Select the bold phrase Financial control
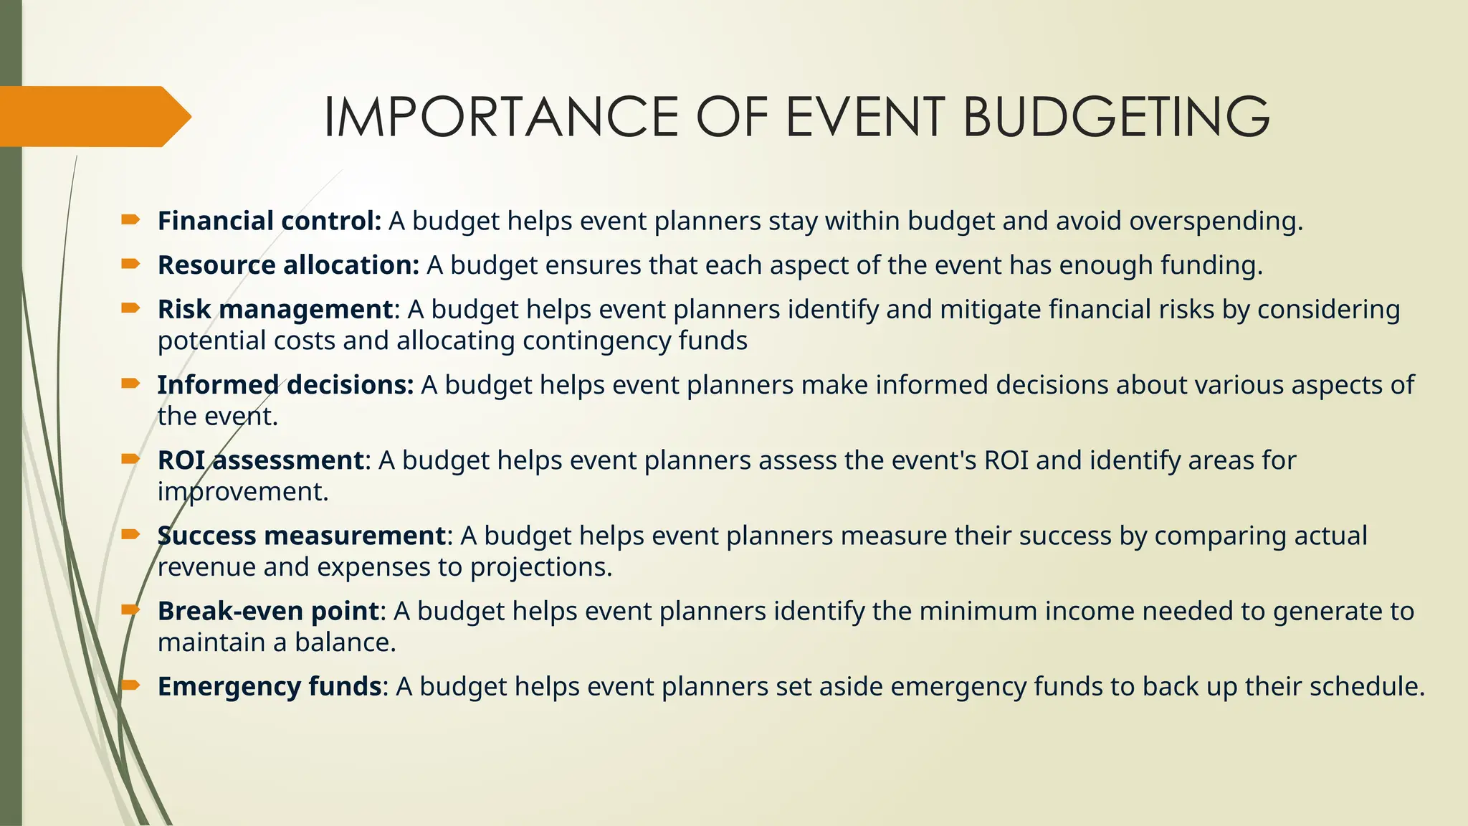click(x=269, y=222)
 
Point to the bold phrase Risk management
click(x=275, y=310)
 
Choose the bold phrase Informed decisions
click(x=285, y=386)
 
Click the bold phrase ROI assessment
click(x=260, y=460)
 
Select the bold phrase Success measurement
click(x=301, y=536)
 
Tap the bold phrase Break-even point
click(x=267, y=612)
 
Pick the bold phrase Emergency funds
click(x=269, y=687)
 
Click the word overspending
click(x=1214, y=222)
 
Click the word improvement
click(x=242, y=492)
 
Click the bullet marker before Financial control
click(x=130, y=220)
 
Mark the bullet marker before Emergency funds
click(x=130, y=685)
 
